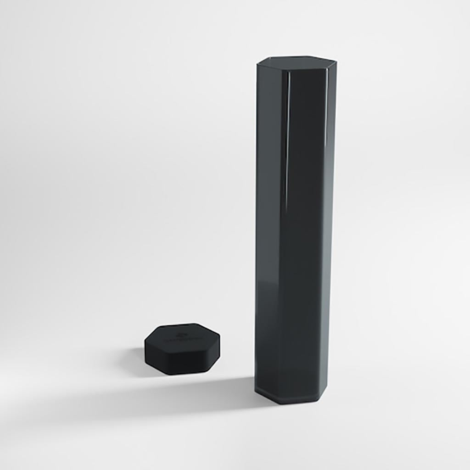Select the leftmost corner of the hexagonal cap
coord(145,342)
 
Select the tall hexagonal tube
coord(294,229)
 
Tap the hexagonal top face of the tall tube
coord(296,62)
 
